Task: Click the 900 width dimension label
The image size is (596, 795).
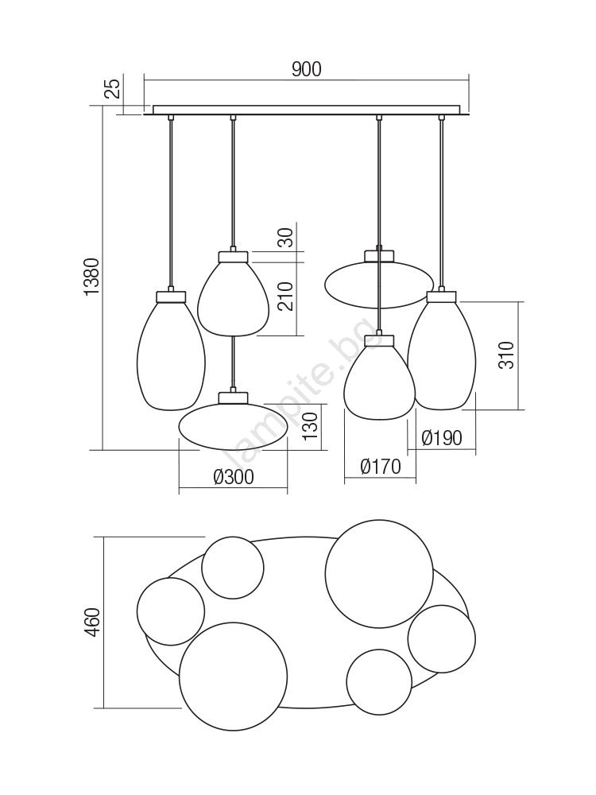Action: pyautogui.click(x=306, y=69)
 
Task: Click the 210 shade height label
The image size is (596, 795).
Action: pyautogui.click(x=286, y=297)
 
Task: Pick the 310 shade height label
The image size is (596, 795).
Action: pyautogui.click(x=506, y=355)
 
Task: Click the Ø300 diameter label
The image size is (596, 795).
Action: pyautogui.click(x=234, y=476)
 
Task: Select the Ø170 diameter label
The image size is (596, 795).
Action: pyautogui.click(x=381, y=467)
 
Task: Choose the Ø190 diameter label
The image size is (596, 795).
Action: pyautogui.click(x=441, y=437)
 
